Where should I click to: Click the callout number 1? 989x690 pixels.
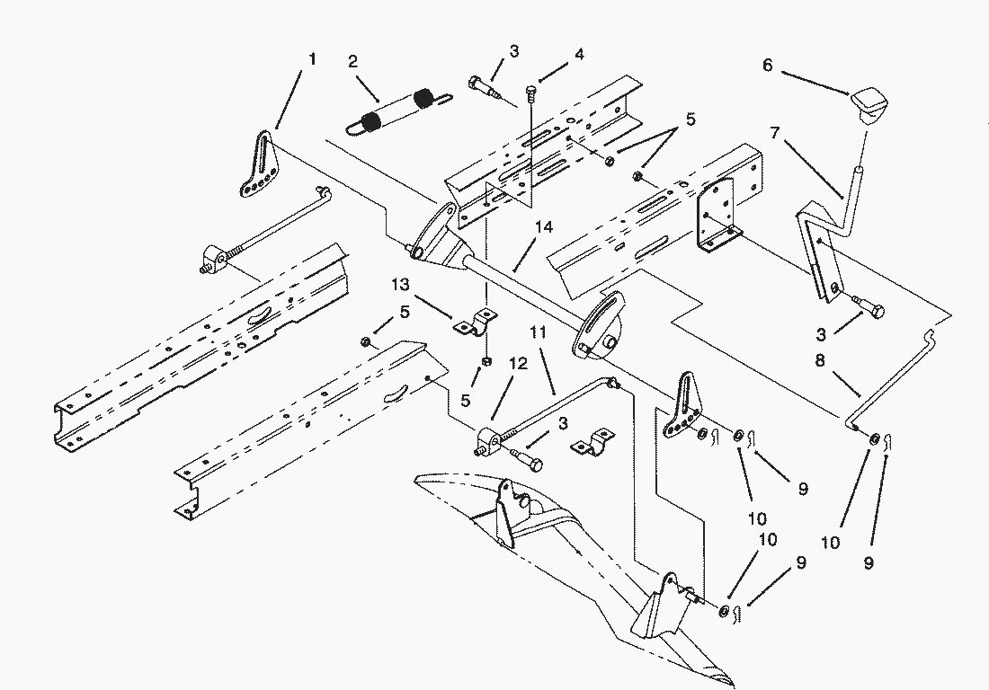[312, 59]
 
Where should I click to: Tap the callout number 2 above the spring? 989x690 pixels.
[352, 61]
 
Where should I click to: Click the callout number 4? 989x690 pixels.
[578, 54]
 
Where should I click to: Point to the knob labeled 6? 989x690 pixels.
[870, 107]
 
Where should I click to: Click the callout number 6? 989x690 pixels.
[768, 65]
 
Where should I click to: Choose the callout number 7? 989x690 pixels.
[774, 133]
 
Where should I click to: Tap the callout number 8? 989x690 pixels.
[819, 361]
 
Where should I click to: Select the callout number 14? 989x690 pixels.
[544, 226]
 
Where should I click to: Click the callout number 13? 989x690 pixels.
[400, 285]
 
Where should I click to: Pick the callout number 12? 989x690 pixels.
[519, 364]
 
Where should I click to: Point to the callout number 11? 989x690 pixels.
[538, 332]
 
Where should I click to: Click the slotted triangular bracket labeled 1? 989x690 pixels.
[261, 164]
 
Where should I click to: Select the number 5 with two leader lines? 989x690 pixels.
[691, 119]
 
